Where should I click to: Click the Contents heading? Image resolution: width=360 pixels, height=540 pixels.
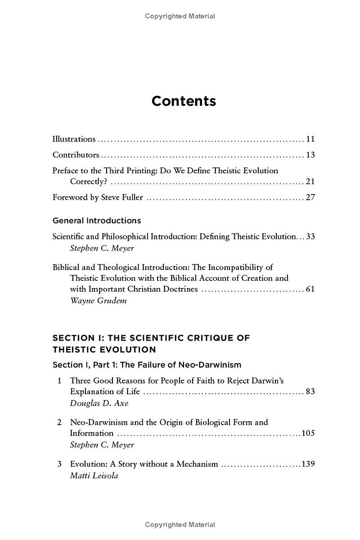click(x=184, y=101)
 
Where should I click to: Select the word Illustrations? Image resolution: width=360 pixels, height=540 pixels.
click(x=74, y=139)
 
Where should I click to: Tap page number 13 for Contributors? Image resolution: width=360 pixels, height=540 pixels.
click(x=310, y=155)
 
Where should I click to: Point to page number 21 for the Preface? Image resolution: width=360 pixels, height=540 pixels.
click(x=310, y=181)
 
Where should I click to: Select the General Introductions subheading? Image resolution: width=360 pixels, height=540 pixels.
click(x=97, y=220)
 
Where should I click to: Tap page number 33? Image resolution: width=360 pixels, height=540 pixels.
click(x=310, y=236)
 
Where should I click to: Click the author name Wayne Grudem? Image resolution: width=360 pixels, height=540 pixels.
click(x=98, y=301)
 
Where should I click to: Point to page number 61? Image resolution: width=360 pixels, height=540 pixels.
click(x=310, y=289)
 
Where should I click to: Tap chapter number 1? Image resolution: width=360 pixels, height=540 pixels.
click(x=59, y=381)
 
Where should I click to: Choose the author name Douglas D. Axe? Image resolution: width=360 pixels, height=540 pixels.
click(x=99, y=403)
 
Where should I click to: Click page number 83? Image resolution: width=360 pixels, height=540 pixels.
click(x=310, y=391)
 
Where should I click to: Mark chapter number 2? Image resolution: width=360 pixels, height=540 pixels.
click(x=59, y=423)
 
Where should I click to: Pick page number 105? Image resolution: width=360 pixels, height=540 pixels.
click(x=308, y=433)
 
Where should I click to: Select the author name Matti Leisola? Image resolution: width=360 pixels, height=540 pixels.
click(x=94, y=476)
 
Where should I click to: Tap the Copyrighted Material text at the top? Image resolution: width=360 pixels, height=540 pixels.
click(x=180, y=16)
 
